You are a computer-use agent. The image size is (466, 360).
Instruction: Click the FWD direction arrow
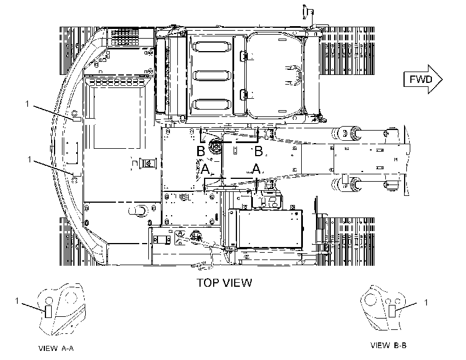coord(423,79)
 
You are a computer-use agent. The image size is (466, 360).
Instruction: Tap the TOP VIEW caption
coord(224,283)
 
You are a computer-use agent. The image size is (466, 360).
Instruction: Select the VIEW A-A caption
coord(56,348)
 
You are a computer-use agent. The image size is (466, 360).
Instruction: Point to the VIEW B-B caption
coord(389,345)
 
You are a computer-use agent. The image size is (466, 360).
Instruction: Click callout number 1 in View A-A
coord(17,301)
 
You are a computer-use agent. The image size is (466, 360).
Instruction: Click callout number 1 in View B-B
coord(426,303)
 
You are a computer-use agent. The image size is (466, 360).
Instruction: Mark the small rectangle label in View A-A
coord(48,312)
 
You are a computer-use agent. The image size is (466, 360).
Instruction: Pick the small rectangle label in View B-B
coord(392,311)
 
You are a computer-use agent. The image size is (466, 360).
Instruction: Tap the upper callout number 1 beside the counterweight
coord(27,104)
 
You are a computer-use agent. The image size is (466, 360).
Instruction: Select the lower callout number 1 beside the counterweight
coord(29,160)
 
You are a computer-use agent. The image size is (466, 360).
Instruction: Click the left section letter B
coord(201,151)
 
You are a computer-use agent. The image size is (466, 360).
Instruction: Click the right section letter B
coord(259,151)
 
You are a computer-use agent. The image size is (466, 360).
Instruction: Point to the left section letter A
coord(205,169)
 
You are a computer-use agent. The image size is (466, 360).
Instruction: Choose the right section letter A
coord(256,169)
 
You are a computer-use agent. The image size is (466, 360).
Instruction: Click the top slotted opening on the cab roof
coord(212,47)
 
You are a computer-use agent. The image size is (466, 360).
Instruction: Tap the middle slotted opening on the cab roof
coord(212,76)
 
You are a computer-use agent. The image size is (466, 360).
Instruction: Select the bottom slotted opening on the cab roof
coord(212,104)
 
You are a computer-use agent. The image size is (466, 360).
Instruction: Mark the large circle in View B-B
coord(371,299)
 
